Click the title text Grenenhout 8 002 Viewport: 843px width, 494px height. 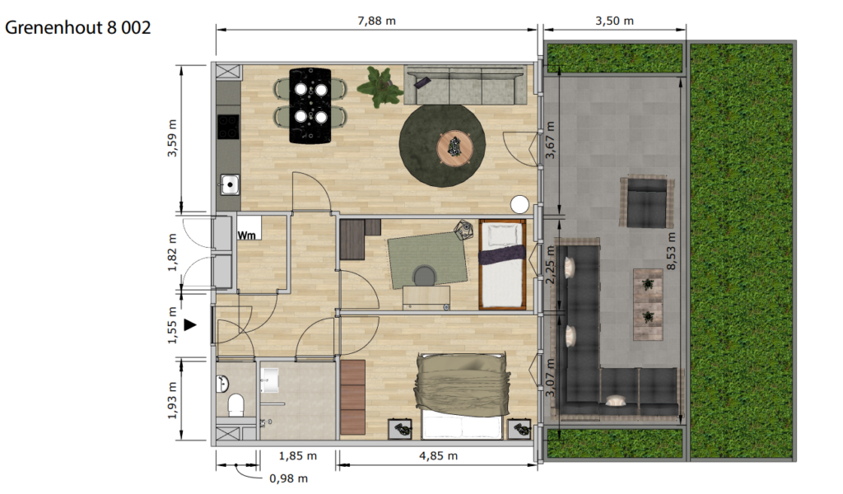[78, 27]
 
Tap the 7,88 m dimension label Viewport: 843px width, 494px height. [376, 21]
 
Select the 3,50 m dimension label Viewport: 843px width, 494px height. [614, 21]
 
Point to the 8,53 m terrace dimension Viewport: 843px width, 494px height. [672, 251]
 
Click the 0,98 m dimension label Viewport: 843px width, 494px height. [289, 478]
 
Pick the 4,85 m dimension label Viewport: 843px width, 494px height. [438, 456]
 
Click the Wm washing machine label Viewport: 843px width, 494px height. [247, 235]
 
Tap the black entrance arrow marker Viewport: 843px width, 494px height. [190, 324]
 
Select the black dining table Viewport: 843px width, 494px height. [310, 105]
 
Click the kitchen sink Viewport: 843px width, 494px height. [230, 185]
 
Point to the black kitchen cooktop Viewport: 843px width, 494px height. [228, 127]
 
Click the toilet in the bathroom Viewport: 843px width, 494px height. [236, 405]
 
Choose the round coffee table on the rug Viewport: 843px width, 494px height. [454, 148]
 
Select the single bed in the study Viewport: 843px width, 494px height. [502, 264]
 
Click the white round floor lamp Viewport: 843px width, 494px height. [520, 204]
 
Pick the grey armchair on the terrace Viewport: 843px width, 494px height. [647, 203]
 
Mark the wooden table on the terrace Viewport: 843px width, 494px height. [648, 305]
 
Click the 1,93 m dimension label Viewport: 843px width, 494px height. [172, 400]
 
